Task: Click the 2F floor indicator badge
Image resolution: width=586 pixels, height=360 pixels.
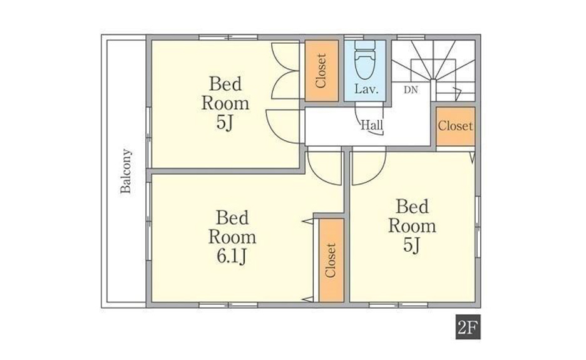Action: click(468, 327)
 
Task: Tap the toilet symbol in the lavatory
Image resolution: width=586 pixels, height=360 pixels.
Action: click(365, 59)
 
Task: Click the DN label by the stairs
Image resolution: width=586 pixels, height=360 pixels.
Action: click(410, 90)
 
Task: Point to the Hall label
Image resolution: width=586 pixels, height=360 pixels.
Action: click(371, 125)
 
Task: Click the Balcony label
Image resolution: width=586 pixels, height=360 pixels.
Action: click(126, 171)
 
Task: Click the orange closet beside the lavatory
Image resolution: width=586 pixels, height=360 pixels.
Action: click(322, 71)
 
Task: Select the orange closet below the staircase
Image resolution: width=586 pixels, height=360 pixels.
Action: click(455, 126)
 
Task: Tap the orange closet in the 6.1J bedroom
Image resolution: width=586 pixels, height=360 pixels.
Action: click(331, 260)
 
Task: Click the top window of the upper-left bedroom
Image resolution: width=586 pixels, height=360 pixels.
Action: click(228, 37)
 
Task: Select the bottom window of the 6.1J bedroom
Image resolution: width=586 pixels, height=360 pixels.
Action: click(228, 305)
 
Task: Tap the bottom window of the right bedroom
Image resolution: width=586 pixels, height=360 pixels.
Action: click(398, 305)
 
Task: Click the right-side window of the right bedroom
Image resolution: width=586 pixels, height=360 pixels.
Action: click(478, 227)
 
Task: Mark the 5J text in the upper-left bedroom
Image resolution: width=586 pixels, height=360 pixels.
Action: click(225, 122)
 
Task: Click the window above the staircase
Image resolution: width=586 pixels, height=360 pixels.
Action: click(410, 37)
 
